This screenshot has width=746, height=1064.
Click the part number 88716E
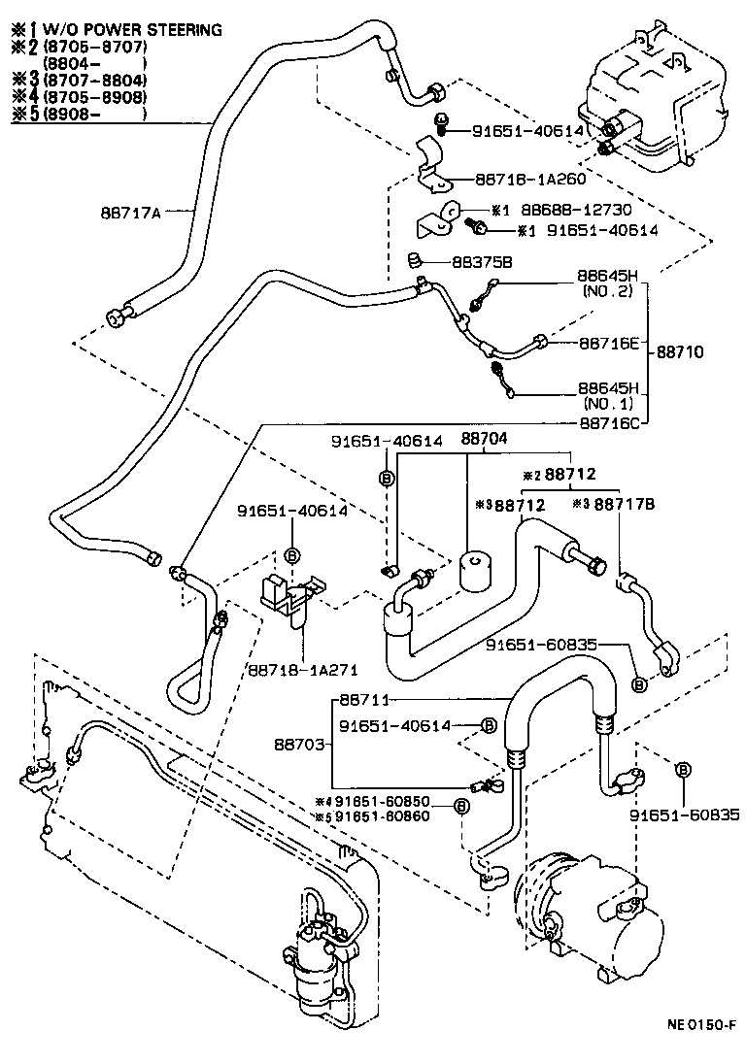(609, 343)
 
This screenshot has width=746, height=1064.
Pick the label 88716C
(609, 422)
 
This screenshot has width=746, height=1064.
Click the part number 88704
(483, 440)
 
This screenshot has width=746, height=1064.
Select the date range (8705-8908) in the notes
(94, 97)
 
